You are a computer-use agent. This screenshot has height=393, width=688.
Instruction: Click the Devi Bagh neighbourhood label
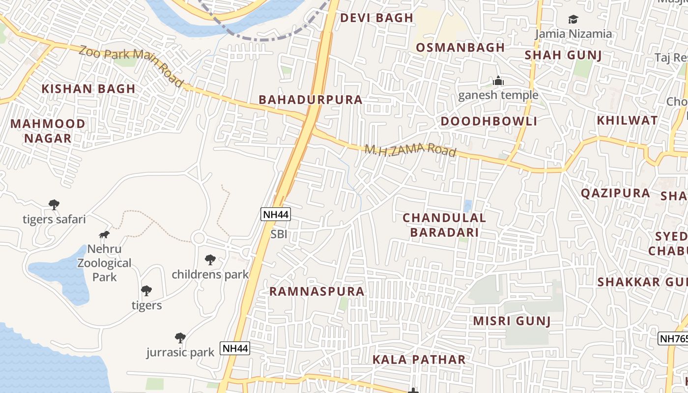point(377,18)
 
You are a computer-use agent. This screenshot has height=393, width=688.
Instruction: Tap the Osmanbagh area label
point(460,47)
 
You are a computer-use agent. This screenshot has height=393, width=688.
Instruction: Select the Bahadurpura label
point(311,100)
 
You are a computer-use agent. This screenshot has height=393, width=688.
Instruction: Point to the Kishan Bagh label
point(88,89)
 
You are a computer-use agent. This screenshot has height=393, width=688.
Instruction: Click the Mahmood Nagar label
point(48,131)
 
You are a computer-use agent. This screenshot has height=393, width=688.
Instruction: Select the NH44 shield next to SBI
point(276,214)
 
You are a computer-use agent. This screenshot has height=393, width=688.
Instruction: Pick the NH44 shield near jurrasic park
point(235,348)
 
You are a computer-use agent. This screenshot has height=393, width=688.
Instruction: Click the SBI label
point(279,234)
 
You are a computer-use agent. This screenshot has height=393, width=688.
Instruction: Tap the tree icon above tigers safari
point(54,204)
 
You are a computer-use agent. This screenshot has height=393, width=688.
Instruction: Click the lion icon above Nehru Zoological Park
point(104,234)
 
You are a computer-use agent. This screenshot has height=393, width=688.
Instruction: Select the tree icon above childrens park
point(210,259)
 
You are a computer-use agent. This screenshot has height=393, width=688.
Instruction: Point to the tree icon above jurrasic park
point(180,337)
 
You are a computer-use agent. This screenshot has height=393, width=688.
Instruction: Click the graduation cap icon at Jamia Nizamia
point(573,20)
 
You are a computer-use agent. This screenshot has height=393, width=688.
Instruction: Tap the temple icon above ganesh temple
point(498,81)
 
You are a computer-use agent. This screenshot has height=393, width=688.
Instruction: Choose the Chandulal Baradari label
point(444,225)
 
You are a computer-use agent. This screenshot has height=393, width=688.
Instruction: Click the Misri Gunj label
point(512,321)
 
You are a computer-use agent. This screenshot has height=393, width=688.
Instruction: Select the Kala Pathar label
point(419,360)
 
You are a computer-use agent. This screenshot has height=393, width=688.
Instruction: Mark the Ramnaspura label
point(317,291)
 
